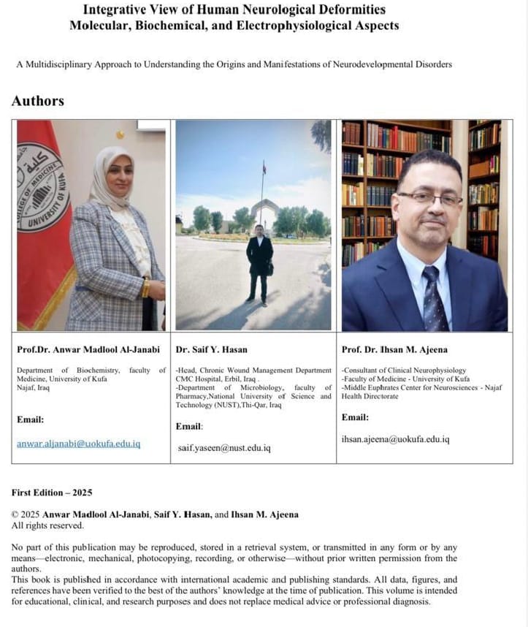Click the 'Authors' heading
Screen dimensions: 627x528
(38, 101)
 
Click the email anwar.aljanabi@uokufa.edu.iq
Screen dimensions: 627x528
(78, 444)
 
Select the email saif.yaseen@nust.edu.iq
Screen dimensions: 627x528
(223, 447)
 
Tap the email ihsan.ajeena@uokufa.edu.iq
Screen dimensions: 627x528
(395, 439)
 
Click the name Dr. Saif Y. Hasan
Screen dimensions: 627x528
(213, 350)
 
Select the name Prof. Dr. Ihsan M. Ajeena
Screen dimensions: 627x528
(394, 350)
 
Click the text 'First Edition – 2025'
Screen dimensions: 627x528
(52, 493)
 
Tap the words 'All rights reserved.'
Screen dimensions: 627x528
(47, 525)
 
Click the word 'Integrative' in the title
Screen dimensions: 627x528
(117, 10)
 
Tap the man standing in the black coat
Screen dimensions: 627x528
(259, 263)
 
